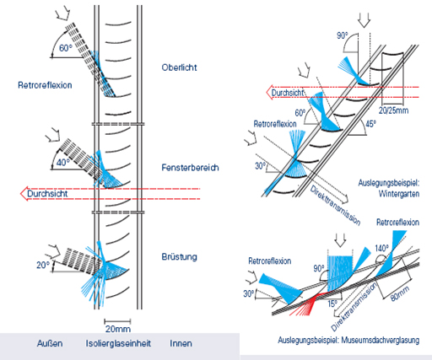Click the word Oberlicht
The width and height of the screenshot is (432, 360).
point(179,67)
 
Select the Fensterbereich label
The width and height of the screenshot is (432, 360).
point(190,168)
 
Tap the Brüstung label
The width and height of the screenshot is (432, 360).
point(179,256)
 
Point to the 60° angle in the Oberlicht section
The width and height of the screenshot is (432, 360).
point(66,48)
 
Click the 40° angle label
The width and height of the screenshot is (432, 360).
point(63,163)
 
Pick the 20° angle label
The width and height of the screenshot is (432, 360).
point(43,265)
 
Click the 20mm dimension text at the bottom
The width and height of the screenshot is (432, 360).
point(118,329)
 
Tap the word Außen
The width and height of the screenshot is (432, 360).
point(50,343)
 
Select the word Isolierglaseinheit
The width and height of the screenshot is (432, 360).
point(118,343)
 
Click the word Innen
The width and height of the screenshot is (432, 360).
point(181,343)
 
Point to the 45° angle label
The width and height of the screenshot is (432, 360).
point(370,124)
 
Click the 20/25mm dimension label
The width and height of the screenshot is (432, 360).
point(393,110)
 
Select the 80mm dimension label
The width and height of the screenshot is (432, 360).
point(400,293)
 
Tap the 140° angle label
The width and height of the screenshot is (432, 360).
point(381,249)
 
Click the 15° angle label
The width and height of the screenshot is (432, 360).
point(332,304)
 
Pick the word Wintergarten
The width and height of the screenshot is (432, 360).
point(399,194)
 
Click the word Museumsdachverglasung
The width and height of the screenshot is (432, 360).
point(381,340)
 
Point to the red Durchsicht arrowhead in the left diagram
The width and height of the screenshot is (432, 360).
point(24,193)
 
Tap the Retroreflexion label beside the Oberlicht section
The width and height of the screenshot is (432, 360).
point(45,85)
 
